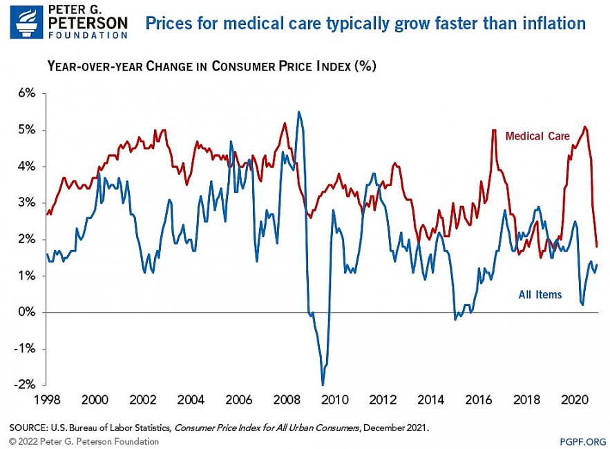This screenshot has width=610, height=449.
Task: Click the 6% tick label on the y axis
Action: (x=26, y=93)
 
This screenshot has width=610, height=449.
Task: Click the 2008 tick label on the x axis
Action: (x=285, y=400)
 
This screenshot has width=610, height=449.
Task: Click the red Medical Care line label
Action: (x=537, y=136)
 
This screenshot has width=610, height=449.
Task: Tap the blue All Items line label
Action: (x=540, y=295)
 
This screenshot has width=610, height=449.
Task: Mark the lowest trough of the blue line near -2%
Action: (x=323, y=385)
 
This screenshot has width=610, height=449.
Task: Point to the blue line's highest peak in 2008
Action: (x=298, y=112)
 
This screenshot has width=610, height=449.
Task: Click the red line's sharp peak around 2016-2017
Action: (x=494, y=131)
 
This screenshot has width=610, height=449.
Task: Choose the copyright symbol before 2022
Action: (x=12, y=441)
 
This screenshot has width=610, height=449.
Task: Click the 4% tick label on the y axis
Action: (x=26, y=166)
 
